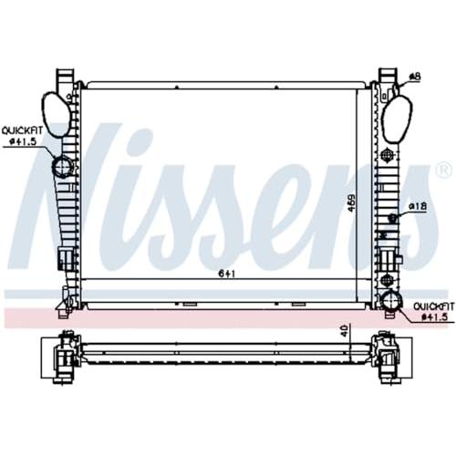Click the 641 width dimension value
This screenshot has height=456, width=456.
227,274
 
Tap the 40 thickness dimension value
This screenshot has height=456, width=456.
345,329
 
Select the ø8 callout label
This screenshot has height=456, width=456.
415,77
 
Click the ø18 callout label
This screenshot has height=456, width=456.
418,207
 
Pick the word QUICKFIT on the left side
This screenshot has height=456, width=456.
22,131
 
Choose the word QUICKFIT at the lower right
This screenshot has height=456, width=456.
433,306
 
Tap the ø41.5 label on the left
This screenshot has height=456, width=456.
23,141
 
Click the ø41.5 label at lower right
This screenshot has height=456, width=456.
435,316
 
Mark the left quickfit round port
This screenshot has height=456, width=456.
62,166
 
